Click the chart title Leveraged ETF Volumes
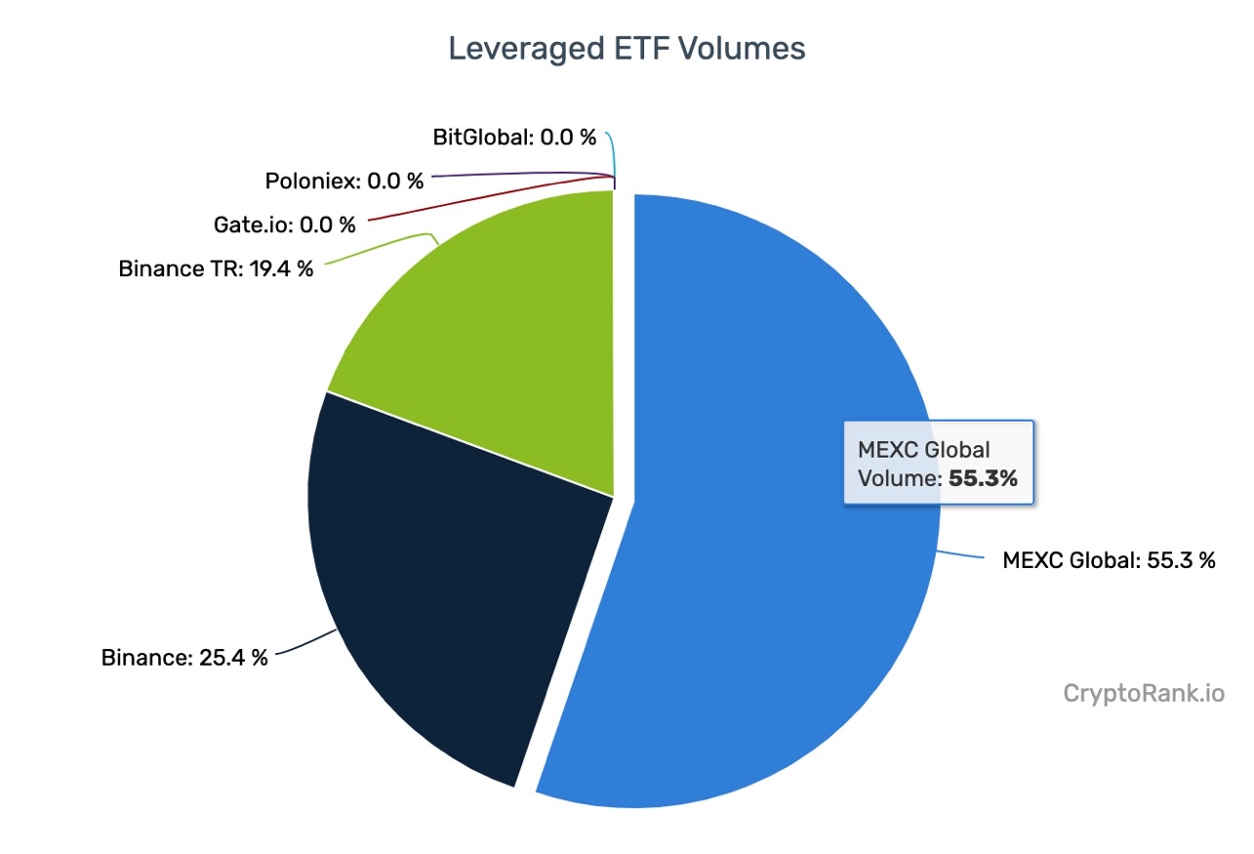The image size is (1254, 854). pos(627,49)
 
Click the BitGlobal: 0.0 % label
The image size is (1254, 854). pos(514,137)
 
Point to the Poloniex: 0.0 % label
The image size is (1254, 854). pos(344,181)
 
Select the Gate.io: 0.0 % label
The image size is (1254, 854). pos(285,224)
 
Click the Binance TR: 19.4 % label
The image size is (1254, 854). pos(217,268)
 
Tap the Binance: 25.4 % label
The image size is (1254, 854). pos(184,657)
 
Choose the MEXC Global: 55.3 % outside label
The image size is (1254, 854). pos(1109,560)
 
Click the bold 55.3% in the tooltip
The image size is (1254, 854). pos(983,479)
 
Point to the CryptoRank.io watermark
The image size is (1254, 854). pos(1143,694)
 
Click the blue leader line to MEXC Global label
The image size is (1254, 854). pos(961,555)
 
